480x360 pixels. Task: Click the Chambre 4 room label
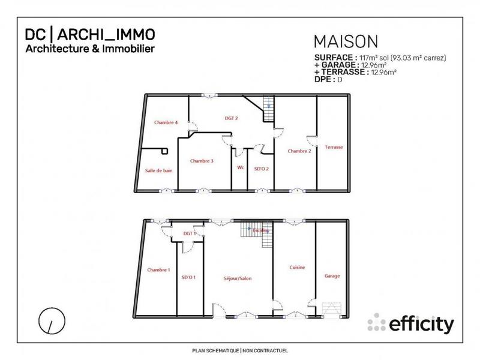click(x=166, y=122)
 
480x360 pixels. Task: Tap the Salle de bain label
click(x=159, y=170)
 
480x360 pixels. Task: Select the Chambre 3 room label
click(x=202, y=161)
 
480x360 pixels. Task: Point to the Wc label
click(x=241, y=167)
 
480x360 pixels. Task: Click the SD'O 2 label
click(x=261, y=169)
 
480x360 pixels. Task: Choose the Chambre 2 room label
click(x=299, y=151)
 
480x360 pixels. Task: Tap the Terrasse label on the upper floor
click(x=334, y=147)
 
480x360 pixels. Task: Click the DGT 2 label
click(x=232, y=119)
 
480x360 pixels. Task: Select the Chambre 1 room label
click(x=158, y=270)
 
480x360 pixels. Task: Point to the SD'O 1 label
click(x=189, y=277)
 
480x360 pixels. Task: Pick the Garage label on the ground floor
click(x=332, y=276)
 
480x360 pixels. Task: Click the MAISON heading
click(x=346, y=41)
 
